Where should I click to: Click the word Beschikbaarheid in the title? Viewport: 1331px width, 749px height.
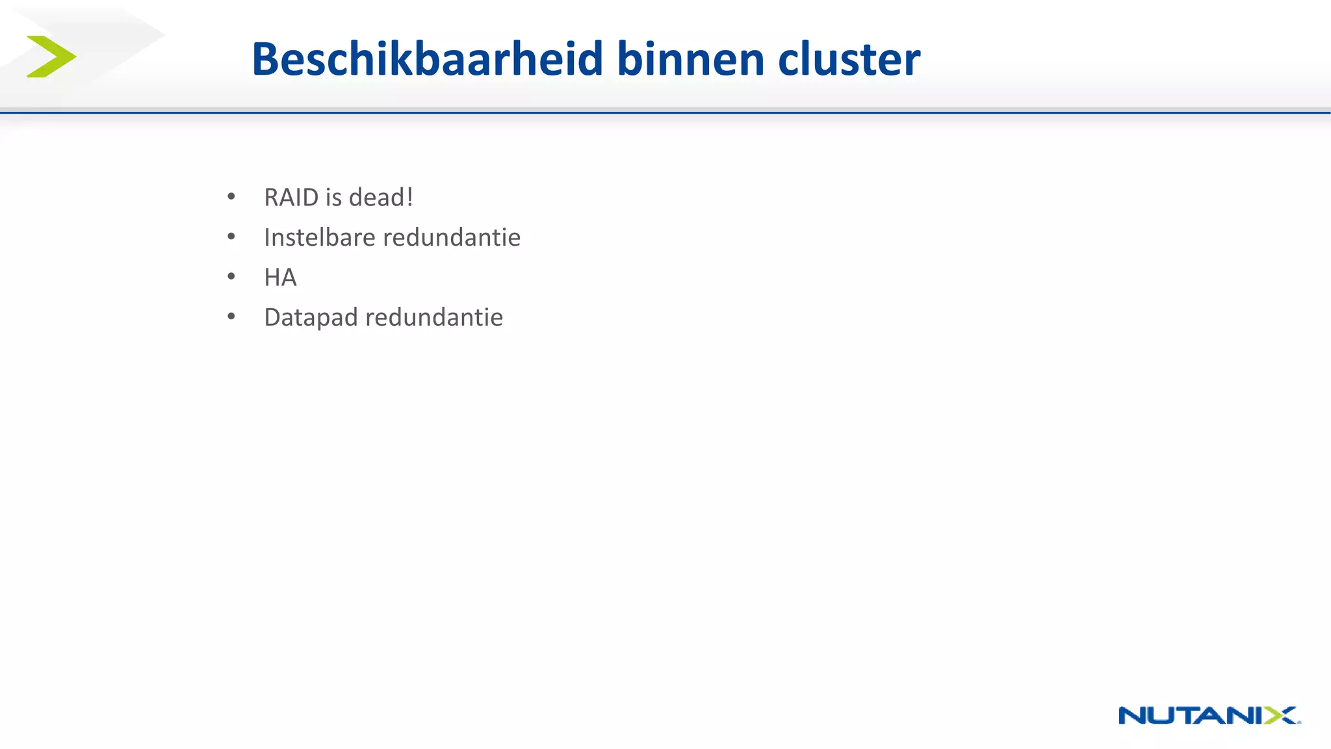point(428,59)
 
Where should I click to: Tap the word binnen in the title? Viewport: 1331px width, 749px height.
point(691,59)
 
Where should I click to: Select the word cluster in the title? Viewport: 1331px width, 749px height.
point(849,59)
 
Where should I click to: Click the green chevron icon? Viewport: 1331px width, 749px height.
point(51,57)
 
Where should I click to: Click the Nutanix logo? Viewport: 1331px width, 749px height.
point(1209,715)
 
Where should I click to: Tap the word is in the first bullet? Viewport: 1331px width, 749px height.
point(333,198)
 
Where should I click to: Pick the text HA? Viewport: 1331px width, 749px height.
point(280,278)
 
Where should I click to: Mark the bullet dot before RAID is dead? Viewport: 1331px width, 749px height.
point(231,196)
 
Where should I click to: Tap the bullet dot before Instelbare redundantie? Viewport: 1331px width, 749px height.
point(231,237)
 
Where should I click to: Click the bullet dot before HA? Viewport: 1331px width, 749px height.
point(231,277)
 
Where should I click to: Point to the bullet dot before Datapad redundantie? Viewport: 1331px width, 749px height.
point(231,317)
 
